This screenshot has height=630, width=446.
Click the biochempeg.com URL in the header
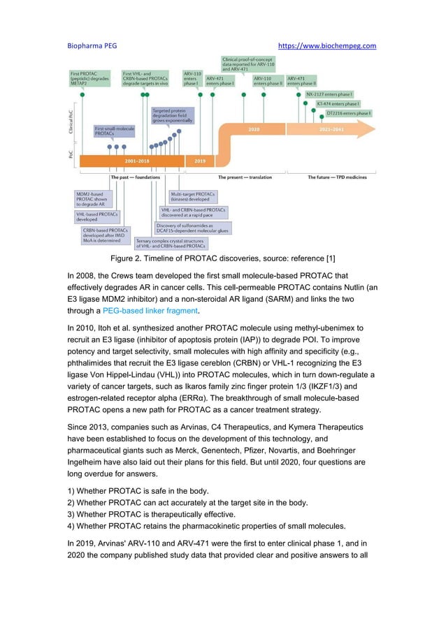327,46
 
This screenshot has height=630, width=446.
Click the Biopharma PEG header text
92,46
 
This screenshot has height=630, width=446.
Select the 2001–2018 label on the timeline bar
136,160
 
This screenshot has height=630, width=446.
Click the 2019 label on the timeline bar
199,160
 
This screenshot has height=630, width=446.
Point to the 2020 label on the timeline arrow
254,129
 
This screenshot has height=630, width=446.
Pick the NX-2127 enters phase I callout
329,94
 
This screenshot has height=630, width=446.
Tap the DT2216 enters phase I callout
344,112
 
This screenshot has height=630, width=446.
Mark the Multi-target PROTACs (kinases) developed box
194,197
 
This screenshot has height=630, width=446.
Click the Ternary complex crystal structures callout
171,244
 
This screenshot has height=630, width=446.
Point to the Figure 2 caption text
222,260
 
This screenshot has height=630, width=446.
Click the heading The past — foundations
136,177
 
